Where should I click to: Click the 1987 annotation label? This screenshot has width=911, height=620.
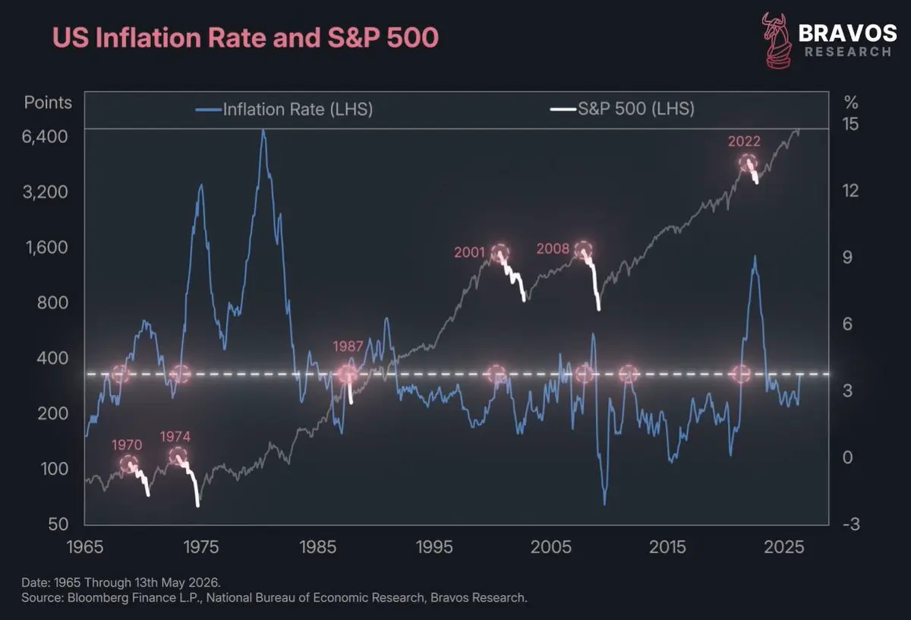(x=348, y=346)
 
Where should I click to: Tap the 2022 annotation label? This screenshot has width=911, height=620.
(x=744, y=141)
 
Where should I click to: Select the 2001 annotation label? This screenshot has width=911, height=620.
(x=470, y=252)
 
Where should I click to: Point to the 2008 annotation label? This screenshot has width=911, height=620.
(x=553, y=248)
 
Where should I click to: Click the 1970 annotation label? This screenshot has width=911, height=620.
(x=127, y=445)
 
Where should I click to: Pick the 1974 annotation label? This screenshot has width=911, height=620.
(x=175, y=437)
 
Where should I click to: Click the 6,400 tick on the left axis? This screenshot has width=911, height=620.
(x=45, y=137)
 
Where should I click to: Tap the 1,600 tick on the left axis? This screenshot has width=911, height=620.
(x=47, y=248)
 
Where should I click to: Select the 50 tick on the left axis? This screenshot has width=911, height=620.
(x=58, y=524)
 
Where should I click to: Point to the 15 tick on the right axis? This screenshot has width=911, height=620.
(x=850, y=124)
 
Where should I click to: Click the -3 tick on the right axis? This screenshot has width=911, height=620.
(x=851, y=524)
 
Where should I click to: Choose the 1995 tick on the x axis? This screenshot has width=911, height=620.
(x=434, y=547)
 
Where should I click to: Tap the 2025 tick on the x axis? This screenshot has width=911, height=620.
(x=783, y=547)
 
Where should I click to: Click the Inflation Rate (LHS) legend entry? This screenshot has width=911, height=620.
(x=284, y=109)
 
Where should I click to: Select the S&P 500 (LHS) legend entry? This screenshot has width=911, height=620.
(x=623, y=109)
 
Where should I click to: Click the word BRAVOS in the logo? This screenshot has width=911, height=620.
(x=847, y=33)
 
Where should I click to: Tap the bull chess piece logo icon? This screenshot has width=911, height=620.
(x=777, y=41)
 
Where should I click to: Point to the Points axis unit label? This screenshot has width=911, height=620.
(x=48, y=103)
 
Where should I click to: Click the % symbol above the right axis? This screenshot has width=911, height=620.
(x=851, y=103)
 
